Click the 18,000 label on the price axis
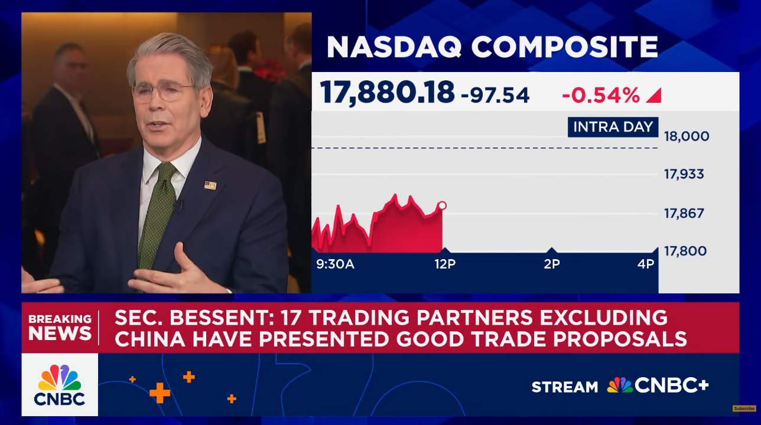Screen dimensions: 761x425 687,136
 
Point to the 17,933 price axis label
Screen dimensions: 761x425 684,175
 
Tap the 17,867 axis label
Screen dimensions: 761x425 684,214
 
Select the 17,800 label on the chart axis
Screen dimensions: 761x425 685,251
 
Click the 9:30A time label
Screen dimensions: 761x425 336,264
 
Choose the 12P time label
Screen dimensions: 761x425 445,264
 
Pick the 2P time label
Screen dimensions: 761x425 552,264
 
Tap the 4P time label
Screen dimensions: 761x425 646,264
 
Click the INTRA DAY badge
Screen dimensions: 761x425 613,127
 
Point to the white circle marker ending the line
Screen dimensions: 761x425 443,205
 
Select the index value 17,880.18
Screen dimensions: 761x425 387,92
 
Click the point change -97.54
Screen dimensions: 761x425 495,96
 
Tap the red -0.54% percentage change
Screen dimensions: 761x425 601,96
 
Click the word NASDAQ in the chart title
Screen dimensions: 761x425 394,47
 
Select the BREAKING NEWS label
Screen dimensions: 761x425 60,328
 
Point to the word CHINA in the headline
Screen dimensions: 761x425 151,339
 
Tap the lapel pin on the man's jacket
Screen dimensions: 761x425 210,185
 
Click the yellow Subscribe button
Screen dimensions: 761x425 744,408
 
